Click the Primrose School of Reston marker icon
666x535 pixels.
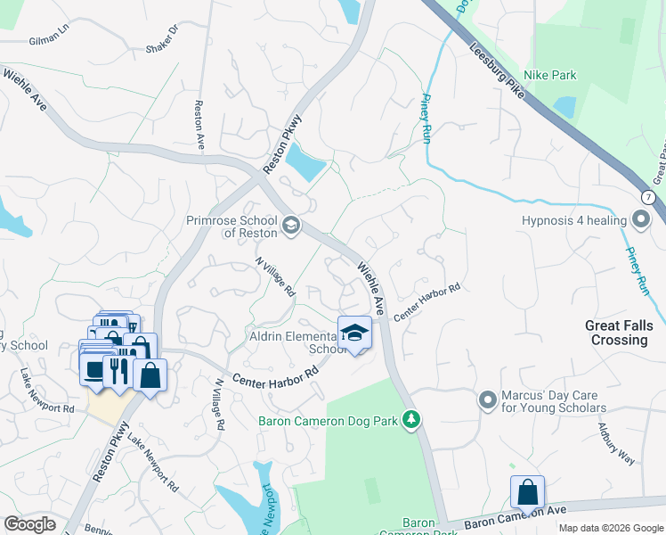pyautogui.click(x=290, y=227)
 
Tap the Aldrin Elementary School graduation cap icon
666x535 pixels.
pyautogui.click(x=354, y=333)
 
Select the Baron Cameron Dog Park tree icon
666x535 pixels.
pyautogui.click(x=410, y=419)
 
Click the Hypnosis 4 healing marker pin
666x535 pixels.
pyautogui.click(x=640, y=219)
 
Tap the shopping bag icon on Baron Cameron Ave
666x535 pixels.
pyautogui.click(x=527, y=491)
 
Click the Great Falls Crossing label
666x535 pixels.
pyautogui.click(x=616, y=333)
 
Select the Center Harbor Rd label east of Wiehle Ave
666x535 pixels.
pyautogui.click(x=427, y=301)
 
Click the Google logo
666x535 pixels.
pyautogui.click(x=29, y=524)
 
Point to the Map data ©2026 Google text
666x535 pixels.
pyautogui.click(x=611, y=528)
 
